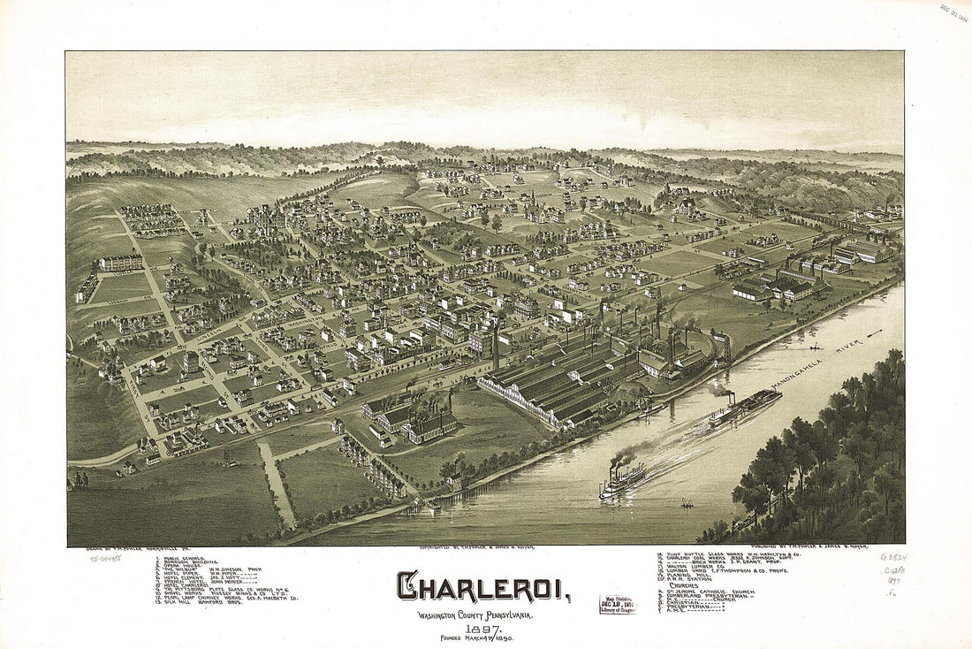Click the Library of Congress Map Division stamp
point(618,605)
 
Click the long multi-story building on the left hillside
point(120,263)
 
